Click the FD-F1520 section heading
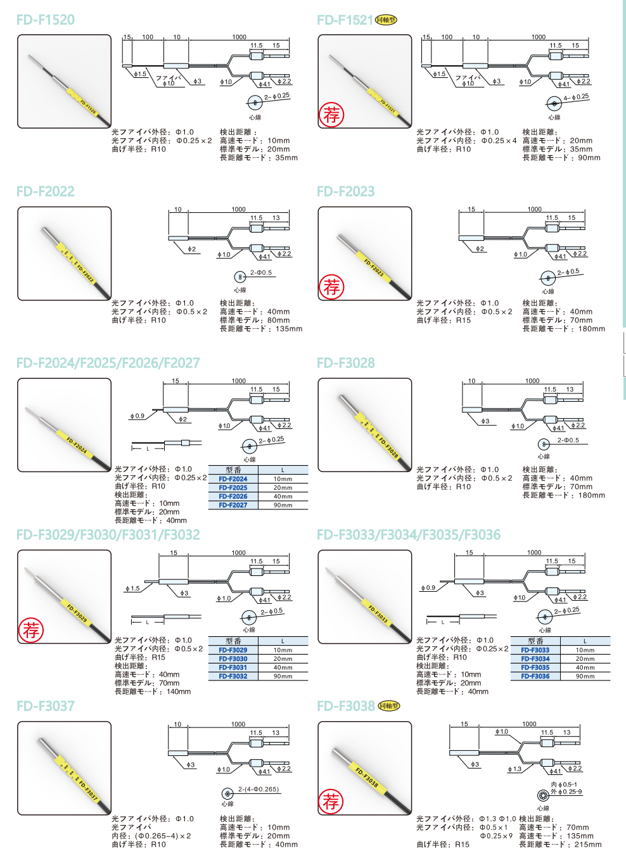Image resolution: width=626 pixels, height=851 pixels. pos(46,20)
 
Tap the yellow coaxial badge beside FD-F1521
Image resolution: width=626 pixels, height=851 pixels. pos(386,20)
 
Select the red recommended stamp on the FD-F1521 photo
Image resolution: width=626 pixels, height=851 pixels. pos(332,115)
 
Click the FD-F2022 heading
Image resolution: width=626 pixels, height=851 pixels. pos(46,191)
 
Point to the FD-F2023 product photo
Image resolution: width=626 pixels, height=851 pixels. pos(364,253)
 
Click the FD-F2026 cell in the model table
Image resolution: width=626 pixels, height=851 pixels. pos(233,496)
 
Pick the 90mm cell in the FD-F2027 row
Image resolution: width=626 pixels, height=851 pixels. pos(283,505)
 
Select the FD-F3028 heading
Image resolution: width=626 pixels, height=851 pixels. pos(346,363)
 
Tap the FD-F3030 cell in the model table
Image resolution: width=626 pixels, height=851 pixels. pos(233,659)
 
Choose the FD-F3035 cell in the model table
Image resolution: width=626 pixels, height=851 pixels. pos(535,667)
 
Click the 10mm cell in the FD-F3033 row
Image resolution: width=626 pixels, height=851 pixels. pos(585,650)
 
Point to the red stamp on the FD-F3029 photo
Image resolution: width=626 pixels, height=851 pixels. pos(31,630)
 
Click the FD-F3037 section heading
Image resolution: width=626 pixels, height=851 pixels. pos(46,706)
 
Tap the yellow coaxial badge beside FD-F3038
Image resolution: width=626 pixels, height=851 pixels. pos(389,706)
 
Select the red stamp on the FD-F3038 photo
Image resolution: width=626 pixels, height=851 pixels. pos(331,801)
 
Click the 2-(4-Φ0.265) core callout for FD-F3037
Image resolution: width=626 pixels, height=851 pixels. pos(259,790)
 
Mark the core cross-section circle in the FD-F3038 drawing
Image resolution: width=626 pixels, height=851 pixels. pos(543,796)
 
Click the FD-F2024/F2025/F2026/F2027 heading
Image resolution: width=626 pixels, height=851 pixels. pos(108,363)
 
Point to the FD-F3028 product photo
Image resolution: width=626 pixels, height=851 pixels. pos(364,425)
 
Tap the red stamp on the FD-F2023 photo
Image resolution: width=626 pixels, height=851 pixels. pos(332,286)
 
